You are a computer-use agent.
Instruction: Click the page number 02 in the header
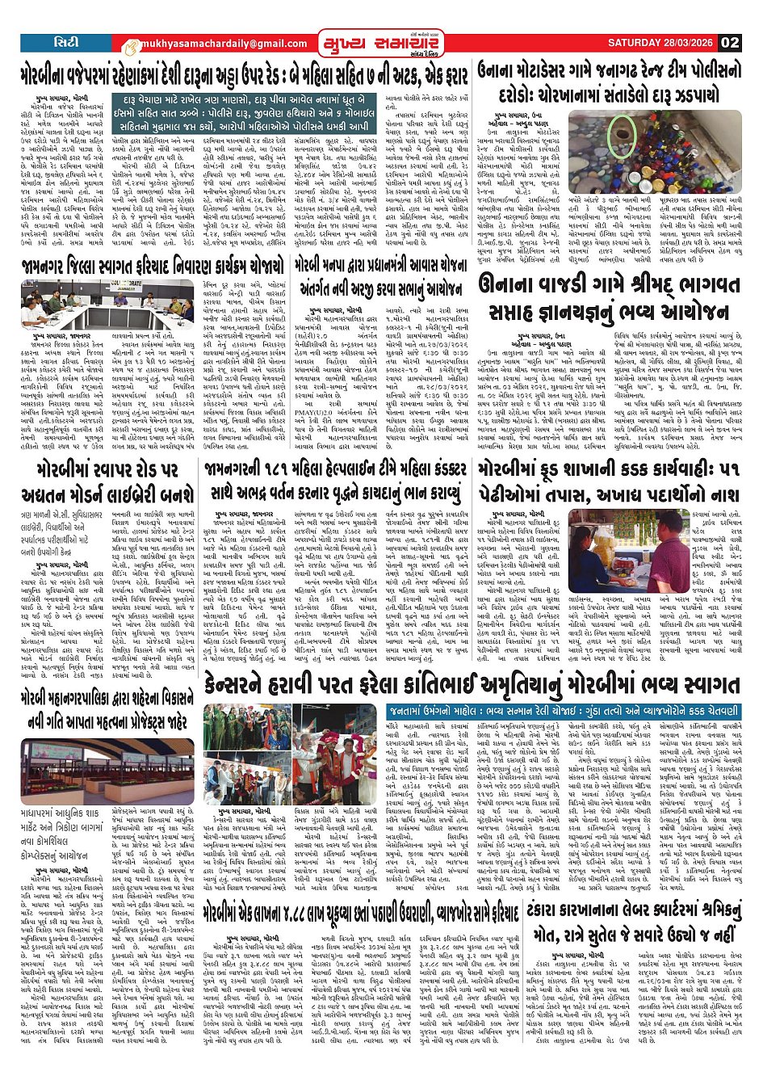(x=730, y=42)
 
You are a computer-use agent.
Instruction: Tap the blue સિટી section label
(x=61, y=41)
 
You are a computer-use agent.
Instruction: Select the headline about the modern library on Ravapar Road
(x=108, y=482)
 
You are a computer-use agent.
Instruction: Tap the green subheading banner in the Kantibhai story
(x=564, y=712)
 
